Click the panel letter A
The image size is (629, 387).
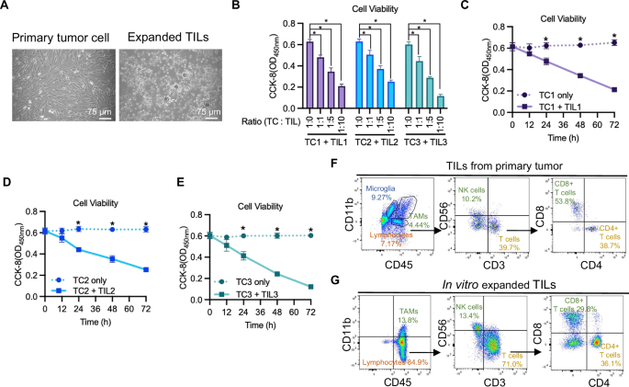pos(7,7)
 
